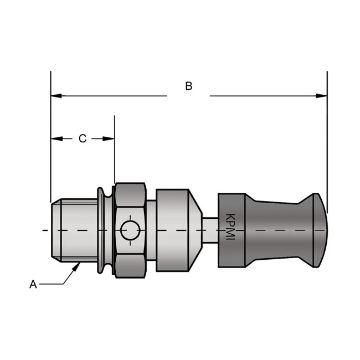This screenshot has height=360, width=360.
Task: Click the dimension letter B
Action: [x=188, y=86]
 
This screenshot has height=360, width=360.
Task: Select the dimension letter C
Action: [x=82, y=138]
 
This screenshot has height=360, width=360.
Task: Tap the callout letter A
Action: [x=33, y=284]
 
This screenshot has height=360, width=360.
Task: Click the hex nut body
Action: [x=131, y=210]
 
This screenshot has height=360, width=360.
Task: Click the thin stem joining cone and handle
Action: [x=209, y=229]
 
